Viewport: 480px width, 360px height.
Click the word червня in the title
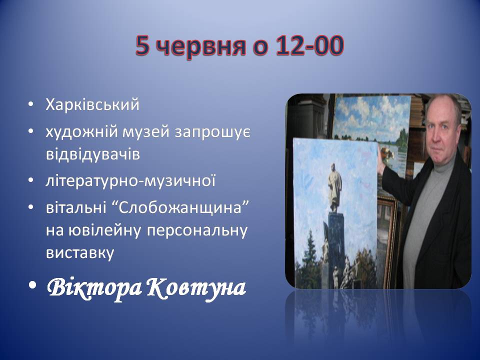[x=202, y=46]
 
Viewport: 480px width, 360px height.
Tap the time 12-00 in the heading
[x=309, y=45]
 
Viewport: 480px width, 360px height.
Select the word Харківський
[x=92, y=105]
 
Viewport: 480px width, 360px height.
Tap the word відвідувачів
[x=93, y=154]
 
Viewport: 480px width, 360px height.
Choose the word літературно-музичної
[x=130, y=180]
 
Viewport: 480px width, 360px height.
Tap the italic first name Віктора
[x=94, y=288]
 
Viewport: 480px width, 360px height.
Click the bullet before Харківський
[x=30, y=105]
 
